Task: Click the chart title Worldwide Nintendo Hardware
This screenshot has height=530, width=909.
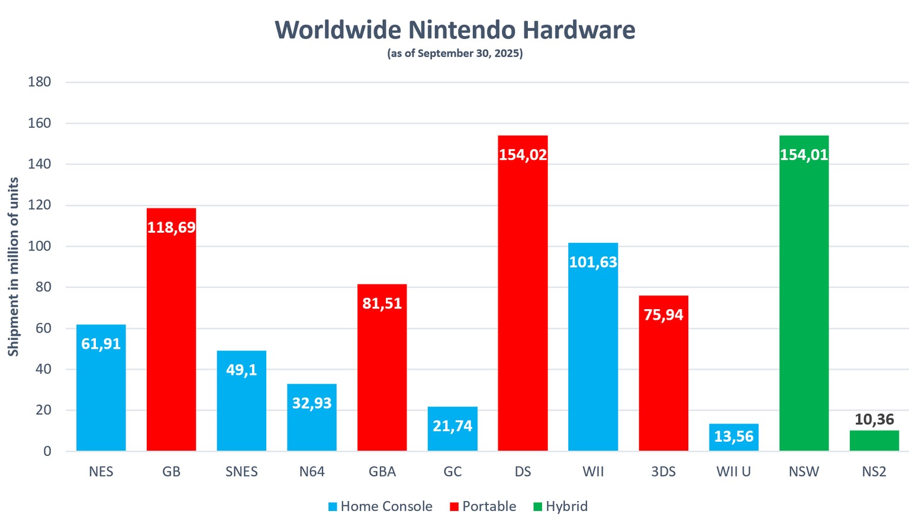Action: point(454,30)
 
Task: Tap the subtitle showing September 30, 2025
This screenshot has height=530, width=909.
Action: point(454,53)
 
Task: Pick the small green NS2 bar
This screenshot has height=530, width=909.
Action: point(874,441)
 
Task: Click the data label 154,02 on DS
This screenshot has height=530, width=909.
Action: point(523,155)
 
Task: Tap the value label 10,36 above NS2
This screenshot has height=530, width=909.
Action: point(874,419)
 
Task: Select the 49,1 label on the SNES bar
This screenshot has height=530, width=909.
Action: point(241,370)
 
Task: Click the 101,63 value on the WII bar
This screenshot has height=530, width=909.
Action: point(593,262)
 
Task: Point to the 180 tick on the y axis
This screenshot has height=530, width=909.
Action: point(40,82)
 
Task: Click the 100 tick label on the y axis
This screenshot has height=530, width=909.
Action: point(40,246)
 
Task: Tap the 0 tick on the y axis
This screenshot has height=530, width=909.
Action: point(47,451)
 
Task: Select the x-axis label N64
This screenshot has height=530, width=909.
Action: point(312,472)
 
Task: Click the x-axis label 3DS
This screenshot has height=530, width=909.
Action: point(663,472)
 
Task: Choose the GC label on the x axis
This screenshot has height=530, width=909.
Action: point(453,472)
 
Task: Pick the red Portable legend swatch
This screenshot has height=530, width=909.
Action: point(454,507)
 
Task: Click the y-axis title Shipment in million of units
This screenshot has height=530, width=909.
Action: point(13,266)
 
